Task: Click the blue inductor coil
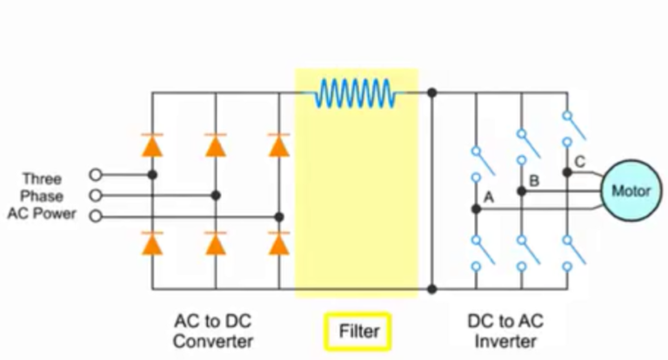pyautogui.click(x=356, y=92)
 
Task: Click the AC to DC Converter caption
pyautogui.click(x=212, y=330)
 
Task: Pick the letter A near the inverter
pyautogui.click(x=488, y=197)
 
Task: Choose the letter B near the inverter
pyautogui.click(x=534, y=181)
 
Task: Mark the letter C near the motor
pyautogui.click(x=580, y=161)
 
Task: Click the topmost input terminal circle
pyautogui.click(x=96, y=174)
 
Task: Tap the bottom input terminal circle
pyautogui.click(x=96, y=217)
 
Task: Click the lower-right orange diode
pyautogui.click(x=278, y=244)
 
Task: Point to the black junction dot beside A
pyautogui.click(x=476, y=210)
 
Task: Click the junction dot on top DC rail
pyautogui.click(x=431, y=92)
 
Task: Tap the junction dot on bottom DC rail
pyautogui.click(x=431, y=289)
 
